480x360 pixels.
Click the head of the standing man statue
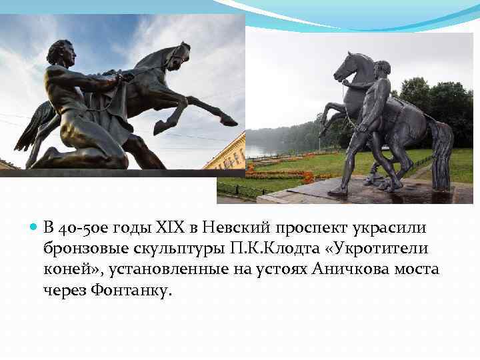pyautogui.click(x=381, y=68)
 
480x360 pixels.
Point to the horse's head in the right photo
pyautogui.click(x=349, y=66)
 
